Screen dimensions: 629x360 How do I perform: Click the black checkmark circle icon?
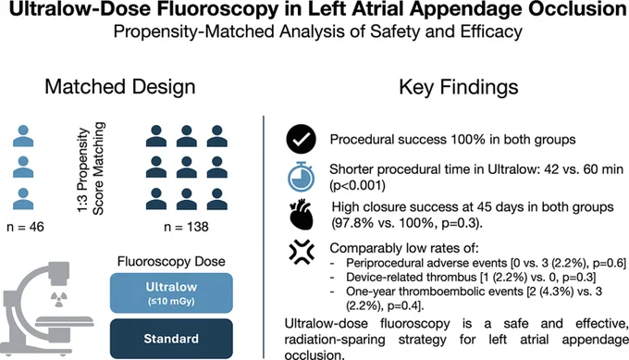tap(302, 139)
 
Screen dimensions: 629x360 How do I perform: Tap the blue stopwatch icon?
tap(302, 177)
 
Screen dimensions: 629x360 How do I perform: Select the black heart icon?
tap(301, 215)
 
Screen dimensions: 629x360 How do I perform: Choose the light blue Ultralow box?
tap(171, 293)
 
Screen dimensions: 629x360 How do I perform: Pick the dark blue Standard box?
tap(171, 339)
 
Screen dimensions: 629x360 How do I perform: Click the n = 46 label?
tap(25, 227)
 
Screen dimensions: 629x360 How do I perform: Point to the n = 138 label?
tap(186, 227)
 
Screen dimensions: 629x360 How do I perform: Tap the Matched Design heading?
tap(120, 87)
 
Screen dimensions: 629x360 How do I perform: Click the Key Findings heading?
tap(459, 87)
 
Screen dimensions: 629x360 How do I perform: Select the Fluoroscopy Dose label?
tap(171, 261)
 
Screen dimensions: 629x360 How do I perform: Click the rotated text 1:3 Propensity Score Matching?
tap(91, 168)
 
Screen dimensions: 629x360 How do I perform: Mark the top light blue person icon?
tap(23, 136)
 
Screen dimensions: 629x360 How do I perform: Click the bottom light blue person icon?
tap(23, 199)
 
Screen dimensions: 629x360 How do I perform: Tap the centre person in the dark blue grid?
tap(187, 168)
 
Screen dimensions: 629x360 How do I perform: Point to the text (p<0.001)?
tap(357, 185)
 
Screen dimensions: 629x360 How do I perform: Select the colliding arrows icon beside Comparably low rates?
tap(302, 252)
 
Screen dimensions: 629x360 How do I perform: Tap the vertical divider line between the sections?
tap(264, 237)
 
